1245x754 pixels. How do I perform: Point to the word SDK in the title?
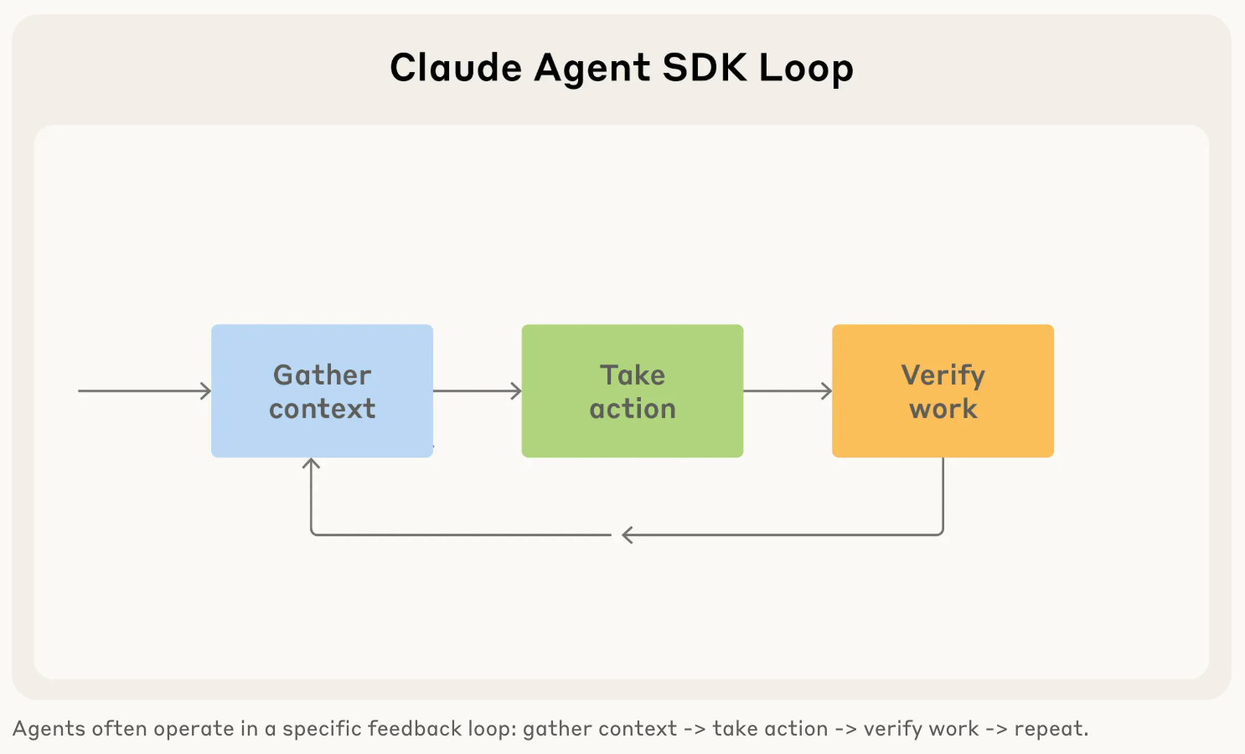tap(704, 68)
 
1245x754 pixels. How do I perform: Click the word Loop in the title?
tap(806, 69)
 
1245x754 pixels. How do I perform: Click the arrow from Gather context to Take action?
tap(477, 390)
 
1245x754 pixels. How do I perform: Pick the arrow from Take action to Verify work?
tap(788, 390)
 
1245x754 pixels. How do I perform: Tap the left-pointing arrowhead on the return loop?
tap(628, 535)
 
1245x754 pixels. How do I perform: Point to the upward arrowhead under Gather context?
tap(312, 463)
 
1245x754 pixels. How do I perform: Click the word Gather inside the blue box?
tap(322, 374)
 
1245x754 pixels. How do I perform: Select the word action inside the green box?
tap(633, 409)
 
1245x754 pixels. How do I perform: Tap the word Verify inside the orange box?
tap(943, 375)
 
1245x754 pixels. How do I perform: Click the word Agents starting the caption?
tap(49, 729)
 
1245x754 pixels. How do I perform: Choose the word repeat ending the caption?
tap(1049, 729)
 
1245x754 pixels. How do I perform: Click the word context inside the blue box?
tap(322, 409)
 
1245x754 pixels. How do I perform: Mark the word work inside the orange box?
tap(943, 409)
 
